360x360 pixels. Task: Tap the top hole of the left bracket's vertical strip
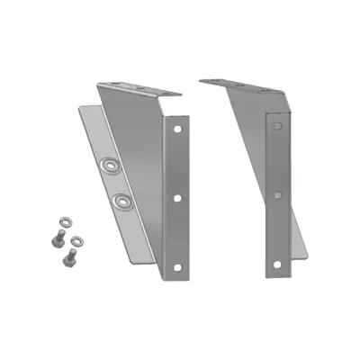point(176,128)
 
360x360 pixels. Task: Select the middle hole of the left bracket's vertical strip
point(178,196)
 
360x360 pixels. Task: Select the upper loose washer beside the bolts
point(63,220)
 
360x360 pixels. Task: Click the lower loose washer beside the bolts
point(77,239)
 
